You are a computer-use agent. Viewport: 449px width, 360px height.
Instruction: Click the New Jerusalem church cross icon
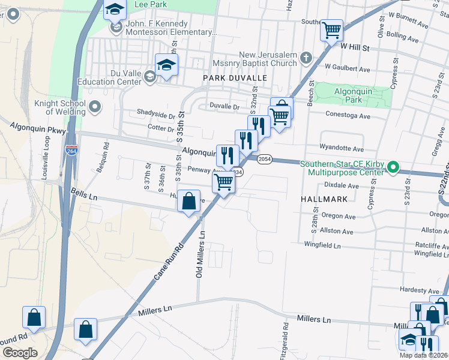point(306,58)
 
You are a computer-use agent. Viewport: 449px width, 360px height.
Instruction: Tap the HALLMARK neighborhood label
point(322,198)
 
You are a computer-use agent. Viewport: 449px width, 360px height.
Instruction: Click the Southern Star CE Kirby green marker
point(393,167)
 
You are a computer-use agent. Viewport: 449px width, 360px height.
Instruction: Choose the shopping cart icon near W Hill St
point(331,30)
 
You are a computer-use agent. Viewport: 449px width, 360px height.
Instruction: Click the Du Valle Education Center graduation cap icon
point(166,65)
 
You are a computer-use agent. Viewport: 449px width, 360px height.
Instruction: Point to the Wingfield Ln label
point(322,245)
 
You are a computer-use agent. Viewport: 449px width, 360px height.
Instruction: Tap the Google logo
point(20,353)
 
